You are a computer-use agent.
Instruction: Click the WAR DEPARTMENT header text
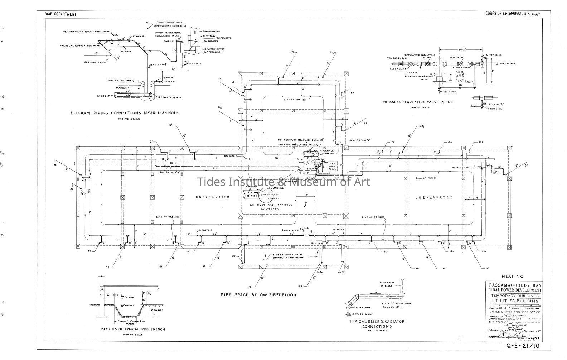point(61,14)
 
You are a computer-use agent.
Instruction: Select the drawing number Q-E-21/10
point(523,346)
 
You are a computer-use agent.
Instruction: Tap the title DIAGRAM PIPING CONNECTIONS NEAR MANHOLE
point(125,113)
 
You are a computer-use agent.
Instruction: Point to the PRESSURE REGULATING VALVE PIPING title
point(417,102)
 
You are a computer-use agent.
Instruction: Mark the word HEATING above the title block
point(512,276)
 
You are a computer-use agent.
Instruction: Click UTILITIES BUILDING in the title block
point(513,301)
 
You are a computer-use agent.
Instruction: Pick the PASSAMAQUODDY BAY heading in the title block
point(513,284)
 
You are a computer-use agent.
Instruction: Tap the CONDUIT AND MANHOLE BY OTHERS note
point(271,207)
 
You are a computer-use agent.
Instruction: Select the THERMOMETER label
point(212,32)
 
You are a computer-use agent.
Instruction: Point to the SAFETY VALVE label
point(494,55)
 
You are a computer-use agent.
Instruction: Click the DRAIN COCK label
point(447,91)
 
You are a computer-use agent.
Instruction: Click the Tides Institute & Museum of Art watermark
point(284,182)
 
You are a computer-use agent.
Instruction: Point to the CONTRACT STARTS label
point(271,196)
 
